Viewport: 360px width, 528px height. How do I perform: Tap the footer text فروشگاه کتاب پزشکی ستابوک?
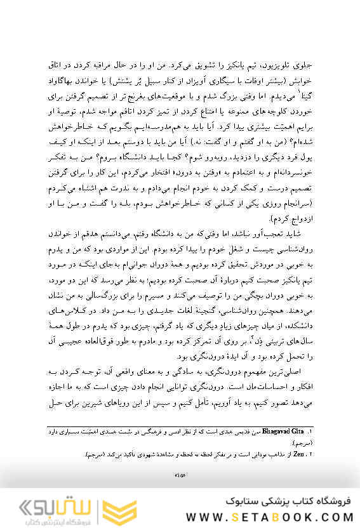(281, 501)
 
